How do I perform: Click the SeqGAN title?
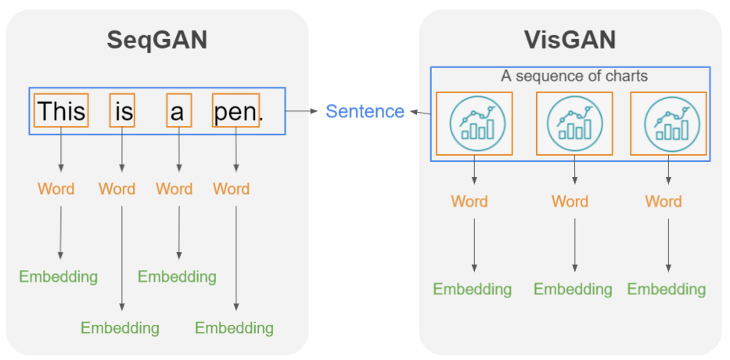coord(157,40)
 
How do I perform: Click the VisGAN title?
coord(570,38)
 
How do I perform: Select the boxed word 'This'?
coord(61,111)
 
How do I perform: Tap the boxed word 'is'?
coord(123,111)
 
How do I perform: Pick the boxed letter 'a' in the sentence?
coord(178,111)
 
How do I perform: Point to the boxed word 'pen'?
coord(236,111)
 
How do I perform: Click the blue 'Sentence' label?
coord(365,111)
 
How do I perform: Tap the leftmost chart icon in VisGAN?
coord(475,124)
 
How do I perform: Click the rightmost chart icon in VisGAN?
coord(668,124)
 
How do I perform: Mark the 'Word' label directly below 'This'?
coord(56,189)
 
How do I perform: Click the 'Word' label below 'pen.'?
coord(232,189)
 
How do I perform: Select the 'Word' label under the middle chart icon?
coord(570,201)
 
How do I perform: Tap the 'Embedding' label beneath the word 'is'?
coord(120,327)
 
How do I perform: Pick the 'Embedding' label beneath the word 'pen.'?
coord(234,327)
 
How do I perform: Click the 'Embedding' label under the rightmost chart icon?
coord(667,289)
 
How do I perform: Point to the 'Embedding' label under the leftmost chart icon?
coord(473,289)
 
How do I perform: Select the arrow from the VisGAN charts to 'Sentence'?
coord(420,113)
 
